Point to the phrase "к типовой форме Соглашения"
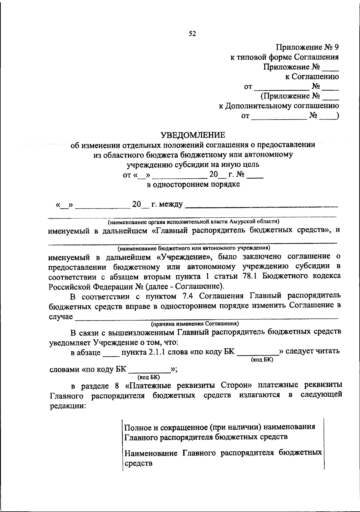(x=284, y=57)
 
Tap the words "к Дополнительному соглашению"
(x=279, y=106)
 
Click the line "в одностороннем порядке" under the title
(x=193, y=184)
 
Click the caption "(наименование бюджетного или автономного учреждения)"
(x=194, y=248)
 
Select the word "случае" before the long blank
(x=61, y=317)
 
